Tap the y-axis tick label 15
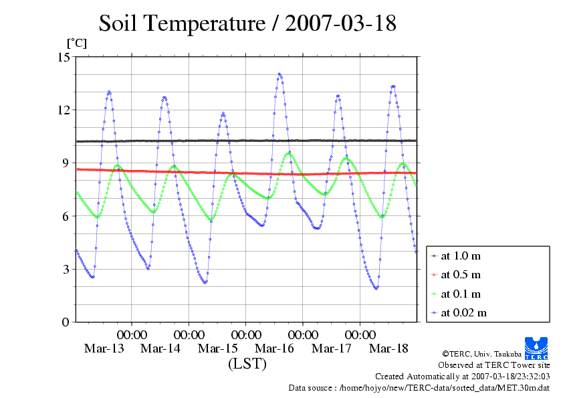tap(64, 57)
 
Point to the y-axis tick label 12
tap(64, 110)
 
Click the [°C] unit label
tap(76, 43)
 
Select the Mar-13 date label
tap(104, 349)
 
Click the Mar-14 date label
tap(161, 349)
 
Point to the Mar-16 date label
tap(275, 349)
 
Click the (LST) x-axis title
tap(247, 364)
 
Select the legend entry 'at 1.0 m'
tap(461, 256)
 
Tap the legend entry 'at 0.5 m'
tap(461, 274)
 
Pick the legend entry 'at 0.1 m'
tap(461, 294)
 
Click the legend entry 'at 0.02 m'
tap(464, 312)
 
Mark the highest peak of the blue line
tap(279, 74)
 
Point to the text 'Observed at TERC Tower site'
tap(494, 365)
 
